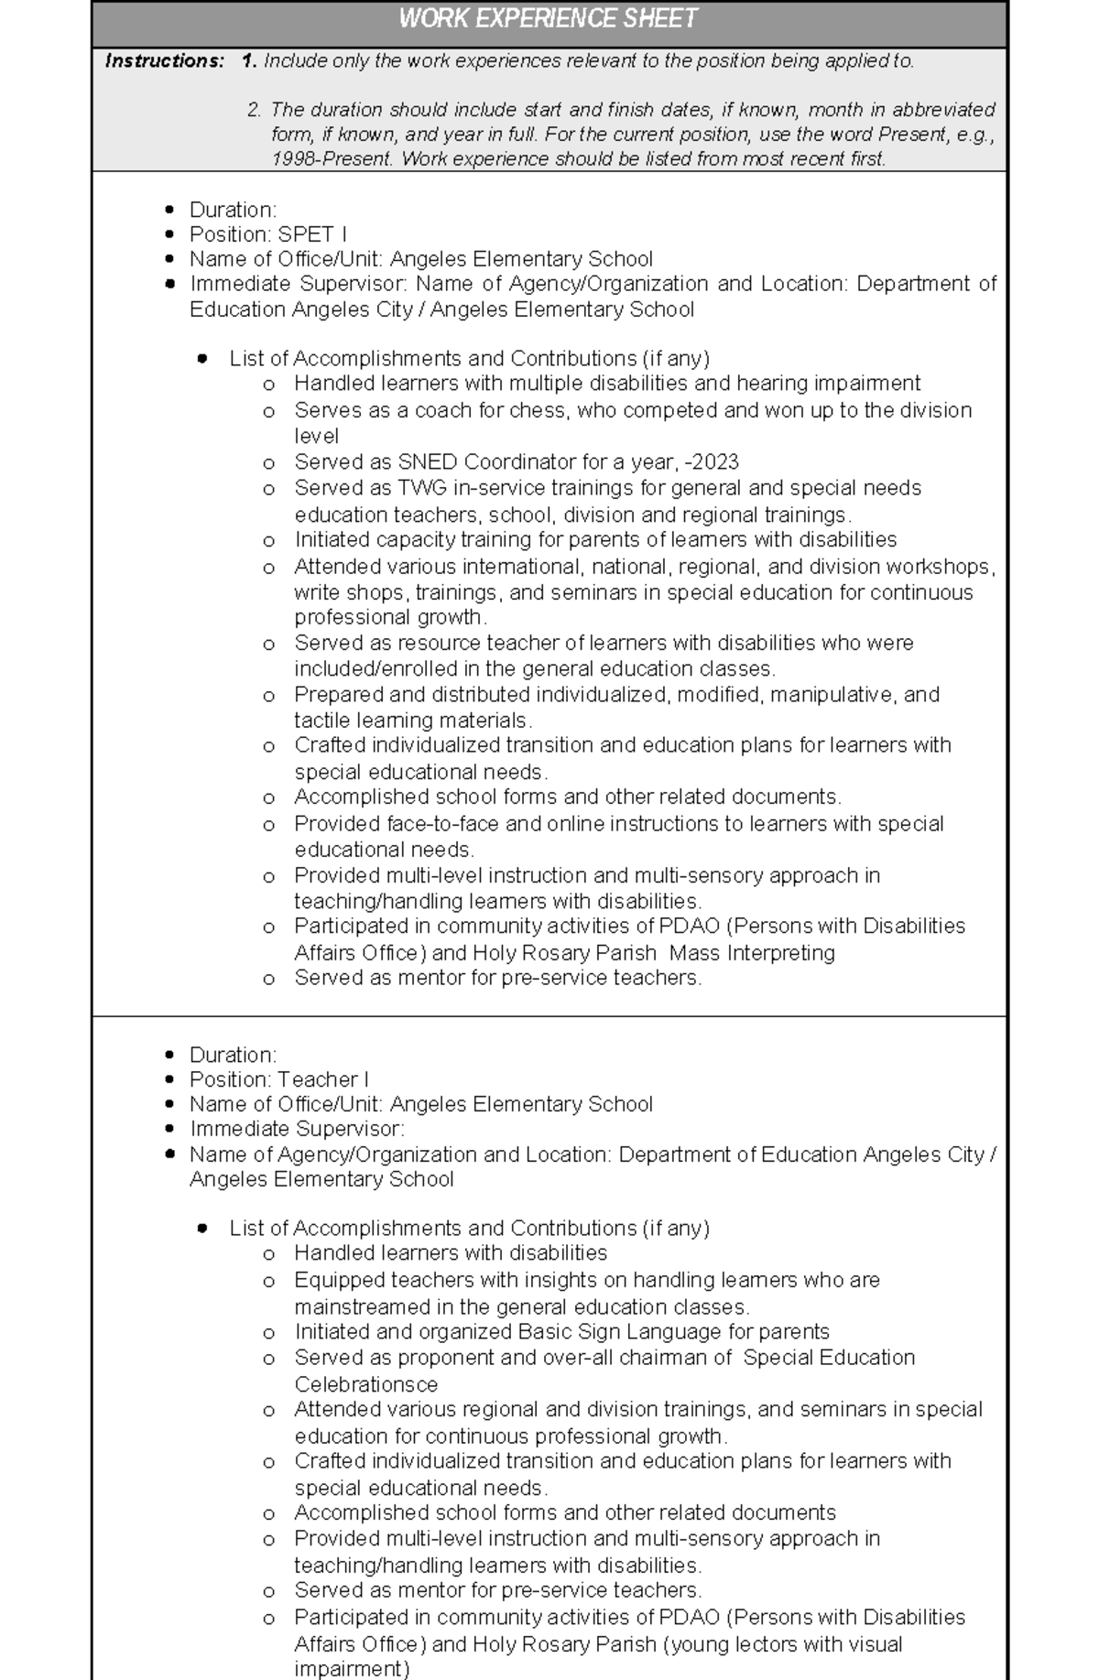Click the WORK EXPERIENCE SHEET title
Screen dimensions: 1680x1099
pyautogui.click(x=549, y=19)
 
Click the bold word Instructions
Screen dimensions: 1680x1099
pyautogui.click(x=164, y=61)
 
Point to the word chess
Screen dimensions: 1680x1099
pyautogui.click(x=542, y=410)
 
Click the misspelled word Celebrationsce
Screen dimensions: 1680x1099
pyautogui.click(x=365, y=1384)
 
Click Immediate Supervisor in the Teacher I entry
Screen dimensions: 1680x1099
pyautogui.click(x=296, y=1129)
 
